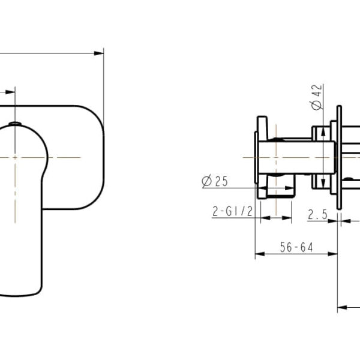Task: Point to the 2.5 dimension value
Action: point(317,214)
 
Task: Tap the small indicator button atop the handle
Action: point(16,125)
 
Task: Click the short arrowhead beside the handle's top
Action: point(10,93)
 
